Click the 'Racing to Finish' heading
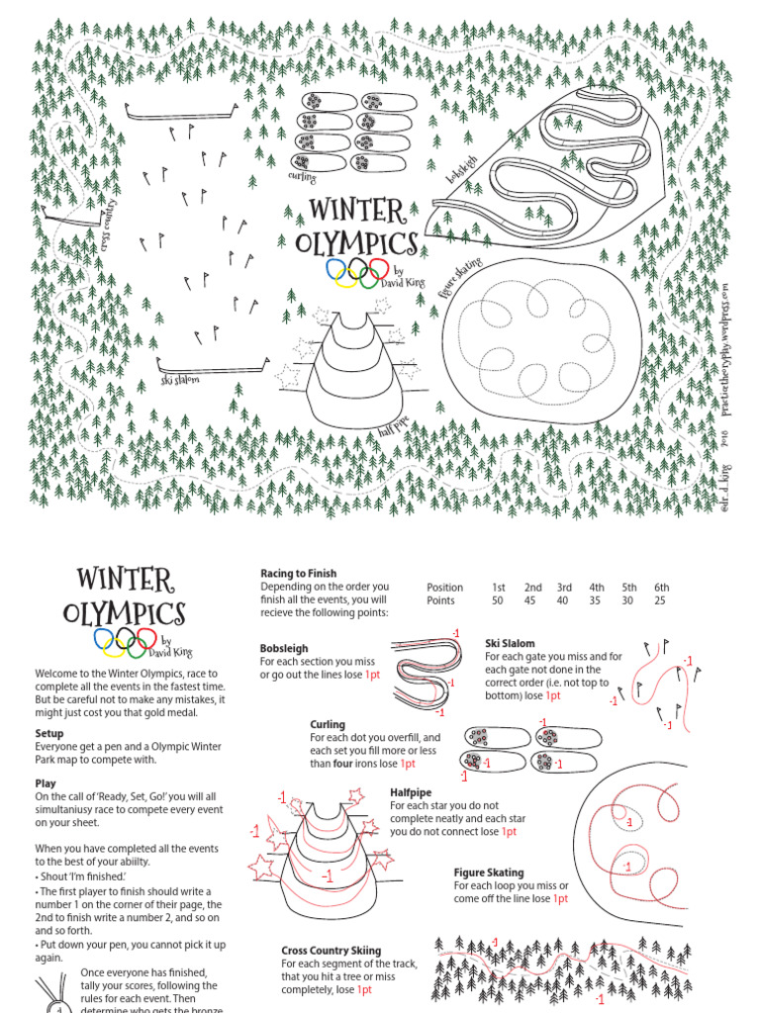[x=298, y=573]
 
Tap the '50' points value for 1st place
[x=498, y=600]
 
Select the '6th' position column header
[x=661, y=587]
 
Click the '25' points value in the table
[x=660, y=600]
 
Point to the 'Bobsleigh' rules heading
[x=285, y=649]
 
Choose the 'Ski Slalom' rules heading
[x=510, y=643]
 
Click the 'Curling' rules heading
[x=327, y=724]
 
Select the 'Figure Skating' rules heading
[x=481, y=873]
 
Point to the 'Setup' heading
[x=49, y=733]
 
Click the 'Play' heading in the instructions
[x=46, y=783]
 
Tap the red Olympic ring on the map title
[x=376, y=268]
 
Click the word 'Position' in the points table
[x=444, y=587]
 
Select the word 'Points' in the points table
[x=440, y=600]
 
